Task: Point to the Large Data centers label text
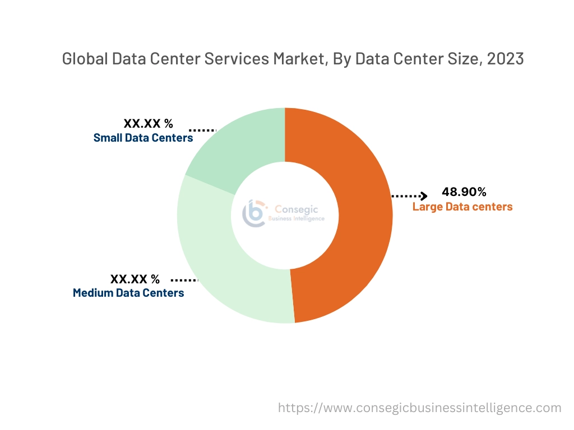(462, 207)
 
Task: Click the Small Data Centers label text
(143, 138)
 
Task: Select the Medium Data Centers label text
(128, 292)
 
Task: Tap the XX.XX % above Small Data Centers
(149, 124)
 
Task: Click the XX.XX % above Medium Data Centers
(135, 279)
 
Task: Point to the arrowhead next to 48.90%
(424, 196)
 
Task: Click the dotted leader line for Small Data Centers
(202, 130)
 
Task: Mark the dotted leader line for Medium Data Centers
(184, 279)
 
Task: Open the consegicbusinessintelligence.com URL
(420, 408)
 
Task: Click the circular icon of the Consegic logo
(254, 213)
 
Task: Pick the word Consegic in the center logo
(297, 209)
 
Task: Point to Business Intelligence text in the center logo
(297, 218)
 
